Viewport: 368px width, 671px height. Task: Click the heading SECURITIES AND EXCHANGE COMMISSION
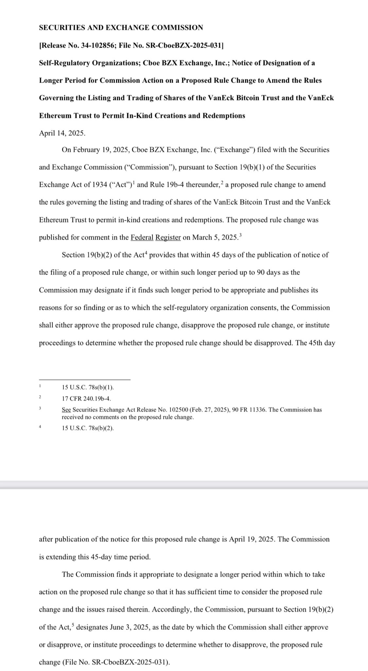tap(121, 28)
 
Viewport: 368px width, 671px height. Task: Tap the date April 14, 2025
tap(62, 133)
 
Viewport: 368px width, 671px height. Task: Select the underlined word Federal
tap(142, 237)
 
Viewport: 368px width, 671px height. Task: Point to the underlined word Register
tap(168, 237)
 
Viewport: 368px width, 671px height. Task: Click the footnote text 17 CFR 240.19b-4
tap(86, 398)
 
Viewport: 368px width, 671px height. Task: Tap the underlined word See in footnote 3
tap(66, 410)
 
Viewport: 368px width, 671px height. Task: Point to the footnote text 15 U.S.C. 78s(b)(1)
tap(88, 387)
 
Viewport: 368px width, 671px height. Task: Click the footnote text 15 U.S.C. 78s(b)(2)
tap(88, 428)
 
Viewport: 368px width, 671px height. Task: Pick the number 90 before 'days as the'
tap(260, 272)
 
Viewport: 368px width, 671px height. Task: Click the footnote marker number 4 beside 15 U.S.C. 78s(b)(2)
tap(40, 427)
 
